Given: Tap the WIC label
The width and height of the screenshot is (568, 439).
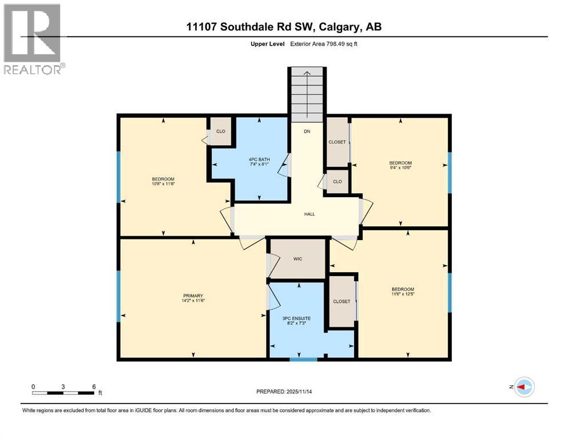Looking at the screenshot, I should [x=297, y=259].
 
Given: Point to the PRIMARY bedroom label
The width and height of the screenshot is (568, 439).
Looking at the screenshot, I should [x=193, y=296].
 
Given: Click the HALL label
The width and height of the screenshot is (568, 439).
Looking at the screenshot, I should [x=309, y=214].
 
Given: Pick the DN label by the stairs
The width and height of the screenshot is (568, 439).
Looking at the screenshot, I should [x=307, y=131].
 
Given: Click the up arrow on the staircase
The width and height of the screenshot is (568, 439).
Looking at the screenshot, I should [x=307, y=74].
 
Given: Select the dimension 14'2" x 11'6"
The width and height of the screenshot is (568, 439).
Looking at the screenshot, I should [x=193, y=301].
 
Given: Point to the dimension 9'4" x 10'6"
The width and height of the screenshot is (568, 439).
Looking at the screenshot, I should [x=400, y=167].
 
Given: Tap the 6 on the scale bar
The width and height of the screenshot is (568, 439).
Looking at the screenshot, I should [x=94, y=386].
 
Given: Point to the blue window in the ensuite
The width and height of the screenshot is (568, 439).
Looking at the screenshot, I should [x=303, y=360].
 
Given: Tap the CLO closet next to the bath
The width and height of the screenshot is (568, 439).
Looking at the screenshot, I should [x=221, y=131].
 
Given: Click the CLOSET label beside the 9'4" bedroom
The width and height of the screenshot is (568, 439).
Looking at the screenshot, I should [x=337, y=142].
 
